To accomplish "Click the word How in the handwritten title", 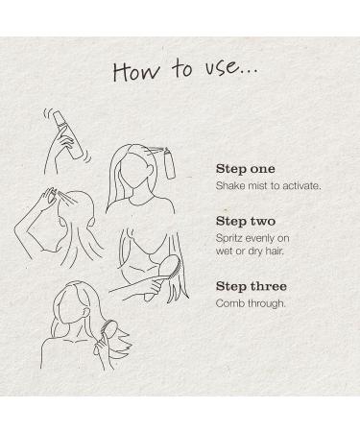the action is click(x=135, y=71).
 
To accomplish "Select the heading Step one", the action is click(x=245, y=169).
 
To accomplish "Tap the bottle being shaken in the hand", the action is click(x=68, y=134).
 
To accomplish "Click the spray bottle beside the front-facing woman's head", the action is click(x=170, y=163).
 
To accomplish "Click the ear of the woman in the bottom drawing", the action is click(x=84, y=311).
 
